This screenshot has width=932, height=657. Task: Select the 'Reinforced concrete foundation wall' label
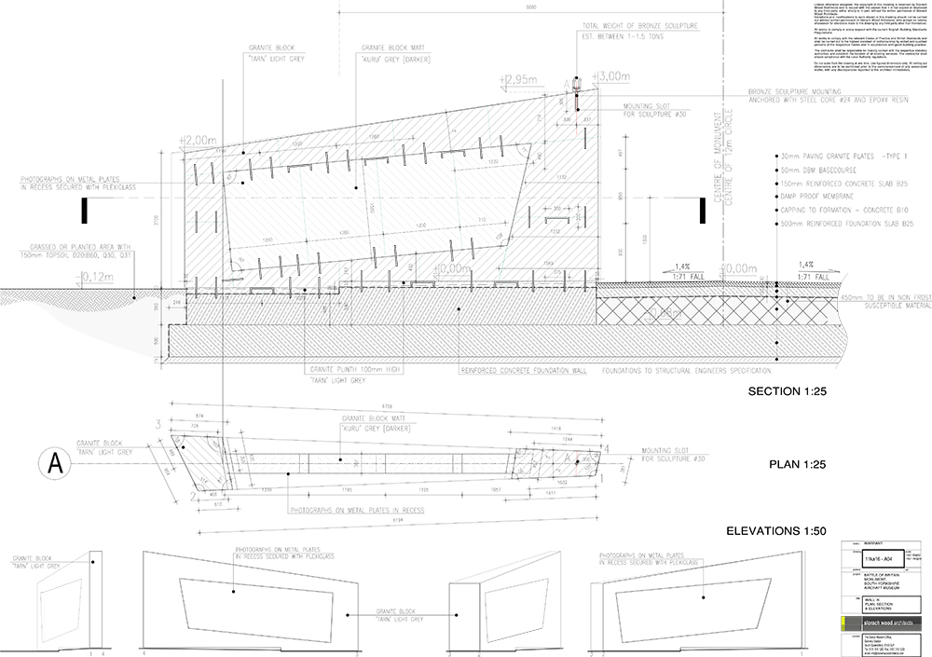pos(522,370)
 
